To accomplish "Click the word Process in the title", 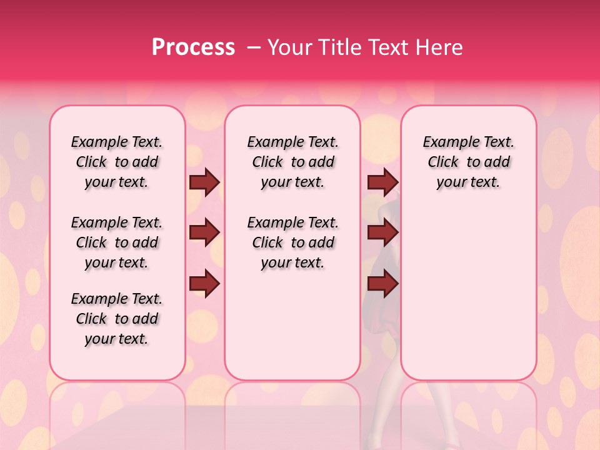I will coord(193,47).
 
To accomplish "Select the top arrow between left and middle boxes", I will coord(204,182).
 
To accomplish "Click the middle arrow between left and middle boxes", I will coord(204,233).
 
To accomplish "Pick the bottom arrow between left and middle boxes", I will coord(204,283).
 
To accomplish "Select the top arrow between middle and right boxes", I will coord(382,182).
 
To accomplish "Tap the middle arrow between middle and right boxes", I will coord(382,233).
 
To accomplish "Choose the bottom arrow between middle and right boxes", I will coord(382,283).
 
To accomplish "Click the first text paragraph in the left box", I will coord(117,162).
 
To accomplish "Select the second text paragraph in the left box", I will coord(117,242).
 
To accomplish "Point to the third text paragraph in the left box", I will coord(117,319).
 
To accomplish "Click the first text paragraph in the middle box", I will coord(292,162).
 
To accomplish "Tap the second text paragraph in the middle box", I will coord(292,242).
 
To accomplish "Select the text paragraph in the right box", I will coord(468,162).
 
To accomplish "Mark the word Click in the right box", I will coord(443,162).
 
